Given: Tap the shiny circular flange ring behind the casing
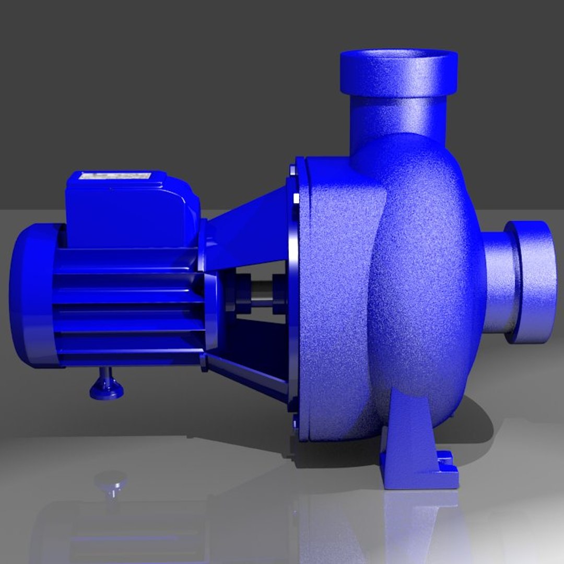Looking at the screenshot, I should tap(291, 292).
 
